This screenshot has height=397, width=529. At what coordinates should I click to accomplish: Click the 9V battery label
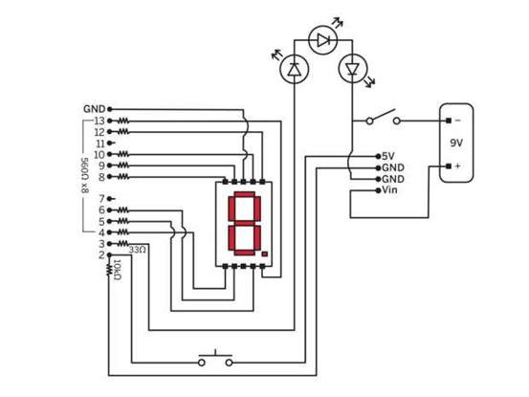coord(456,143)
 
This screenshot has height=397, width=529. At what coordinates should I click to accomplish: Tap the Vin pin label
coord(389,190)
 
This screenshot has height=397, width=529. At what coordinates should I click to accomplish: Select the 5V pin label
coord(388,156)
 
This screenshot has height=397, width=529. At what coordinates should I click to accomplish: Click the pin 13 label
coord(99,121)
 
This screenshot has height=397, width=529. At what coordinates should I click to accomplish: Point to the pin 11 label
coord(100,143)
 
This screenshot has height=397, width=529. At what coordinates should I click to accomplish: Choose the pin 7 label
coord(102,199)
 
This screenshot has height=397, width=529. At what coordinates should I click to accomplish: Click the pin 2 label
coord(101,255)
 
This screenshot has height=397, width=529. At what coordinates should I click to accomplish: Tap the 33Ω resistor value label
coord(138,250)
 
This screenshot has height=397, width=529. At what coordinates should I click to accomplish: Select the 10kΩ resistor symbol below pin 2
coord(109,269)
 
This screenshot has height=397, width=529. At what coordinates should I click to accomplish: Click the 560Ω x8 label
coord(85,175)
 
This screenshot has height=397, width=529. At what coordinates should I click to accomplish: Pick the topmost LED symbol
coord(323,40)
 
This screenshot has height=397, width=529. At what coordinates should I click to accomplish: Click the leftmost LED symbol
coord(295,69)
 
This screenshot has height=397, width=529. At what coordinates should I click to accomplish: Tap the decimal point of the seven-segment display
coord(264,254)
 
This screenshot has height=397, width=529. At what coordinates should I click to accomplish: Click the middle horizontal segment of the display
coord(245,224)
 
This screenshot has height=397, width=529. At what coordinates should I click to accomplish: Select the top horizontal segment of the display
coord(245,194)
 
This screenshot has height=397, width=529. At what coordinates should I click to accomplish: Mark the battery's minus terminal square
coord(449,121)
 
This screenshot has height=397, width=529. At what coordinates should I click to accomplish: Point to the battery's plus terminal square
coord(449,165)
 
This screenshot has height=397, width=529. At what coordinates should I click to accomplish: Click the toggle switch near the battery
coord(384,117)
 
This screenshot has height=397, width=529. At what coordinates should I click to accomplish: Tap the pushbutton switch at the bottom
coord(215,359)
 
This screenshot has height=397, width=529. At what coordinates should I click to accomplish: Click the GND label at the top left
coord(94,109)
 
